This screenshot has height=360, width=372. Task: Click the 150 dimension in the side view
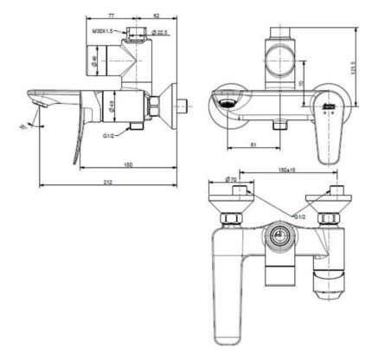pyautogui.click(x=127, y=164)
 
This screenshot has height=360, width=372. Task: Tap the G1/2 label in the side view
pyautogui.click(x=110, y=136)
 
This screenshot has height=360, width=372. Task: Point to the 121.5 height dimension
pyautogui.click(x=355, y=64)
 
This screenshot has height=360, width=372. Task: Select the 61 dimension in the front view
pyautogui.click(x=252, y=145)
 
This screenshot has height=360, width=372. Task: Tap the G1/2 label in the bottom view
pyautogui.click(x=298, y=215)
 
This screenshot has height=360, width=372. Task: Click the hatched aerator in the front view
pyautogui.click(x=228, y=101)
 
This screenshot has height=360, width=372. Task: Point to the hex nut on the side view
pyautogui.click(x=152, y=107)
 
